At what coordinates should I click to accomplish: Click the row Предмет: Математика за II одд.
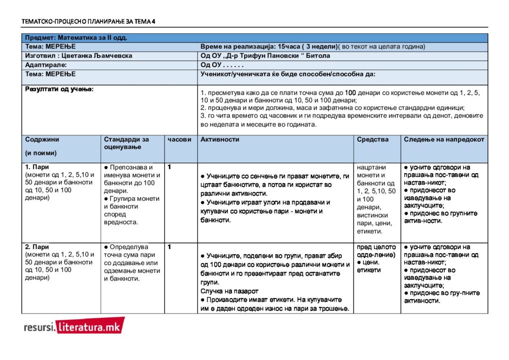click(76, 37)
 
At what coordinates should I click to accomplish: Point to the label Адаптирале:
click(46, 65)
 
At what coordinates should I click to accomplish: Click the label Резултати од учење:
click(59, 89)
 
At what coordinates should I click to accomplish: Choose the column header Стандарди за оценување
click(126, 143)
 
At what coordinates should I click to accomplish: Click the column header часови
click(179, 140)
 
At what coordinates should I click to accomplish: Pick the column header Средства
click(373, 140)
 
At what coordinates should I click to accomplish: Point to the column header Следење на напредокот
click(444, 140)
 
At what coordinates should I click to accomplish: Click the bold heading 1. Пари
click(37, 167)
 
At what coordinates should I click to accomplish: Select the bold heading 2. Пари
click(37, 247)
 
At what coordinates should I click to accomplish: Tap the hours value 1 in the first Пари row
click(170, 167)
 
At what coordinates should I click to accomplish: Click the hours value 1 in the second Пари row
click(170, 247)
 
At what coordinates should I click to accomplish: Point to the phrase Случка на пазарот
click(230, 290)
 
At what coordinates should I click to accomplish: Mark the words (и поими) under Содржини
click(41, 153)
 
